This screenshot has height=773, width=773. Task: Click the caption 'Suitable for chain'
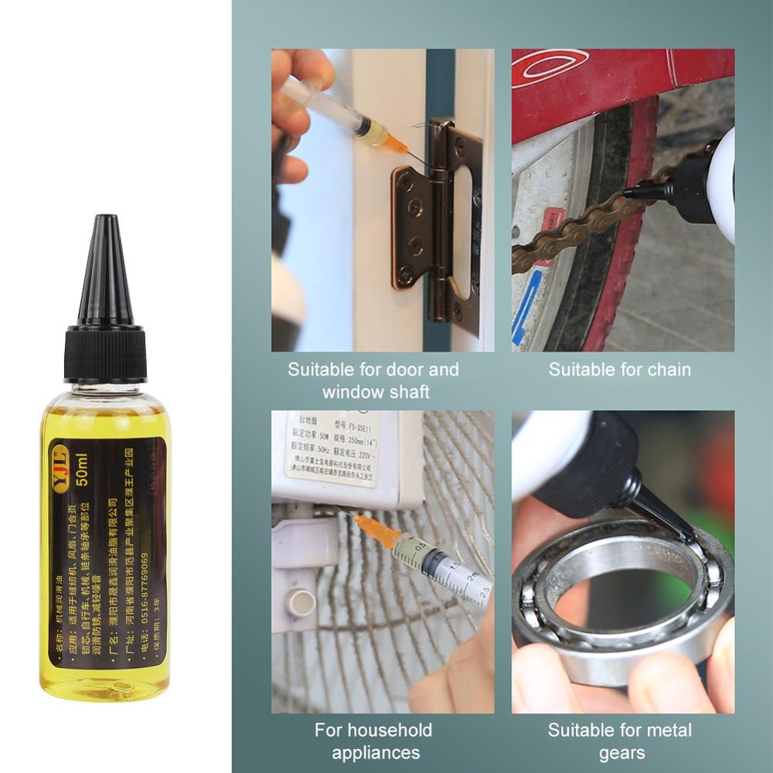click(619, 369)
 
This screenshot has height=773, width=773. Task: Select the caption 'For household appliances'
click(373, 741)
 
